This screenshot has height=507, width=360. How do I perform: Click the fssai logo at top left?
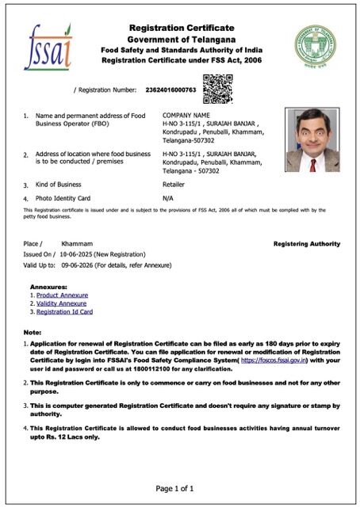click(x=48, y=47)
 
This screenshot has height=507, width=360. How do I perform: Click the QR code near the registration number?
click(x=217, y=88)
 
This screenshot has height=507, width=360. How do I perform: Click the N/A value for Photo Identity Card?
click(x=168, y=197)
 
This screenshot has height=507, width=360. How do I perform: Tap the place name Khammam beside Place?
click(x=77, y=244)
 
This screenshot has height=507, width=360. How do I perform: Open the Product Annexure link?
click(x=63, y=295)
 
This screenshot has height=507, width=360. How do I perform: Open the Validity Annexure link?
click(x=62, y=303)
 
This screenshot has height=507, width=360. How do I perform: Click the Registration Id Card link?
click(x=66, y=312)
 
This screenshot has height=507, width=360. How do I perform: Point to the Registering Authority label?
click(x=307, y=244)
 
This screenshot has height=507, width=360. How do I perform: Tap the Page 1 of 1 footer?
click(x=180, y=488)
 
